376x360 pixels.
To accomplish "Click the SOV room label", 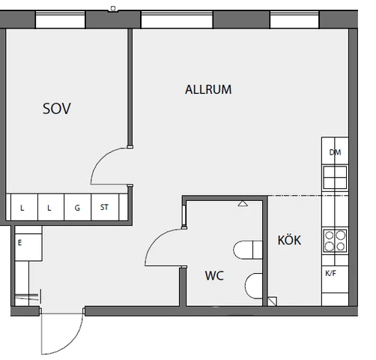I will coord(57,109).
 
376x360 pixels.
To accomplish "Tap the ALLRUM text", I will coord(208,90).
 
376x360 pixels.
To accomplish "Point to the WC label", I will coord(214,276).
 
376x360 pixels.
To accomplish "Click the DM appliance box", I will coord(335,152).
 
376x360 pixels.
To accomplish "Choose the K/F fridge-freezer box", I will coord(330,274).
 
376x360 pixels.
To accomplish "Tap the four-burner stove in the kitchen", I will coord(335,241).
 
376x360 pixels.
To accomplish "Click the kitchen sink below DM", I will coord(335,177).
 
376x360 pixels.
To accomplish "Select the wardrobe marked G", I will coord(76,208).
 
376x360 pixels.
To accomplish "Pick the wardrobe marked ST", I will coord(104,208).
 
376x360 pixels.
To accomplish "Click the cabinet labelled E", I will coord(26,243).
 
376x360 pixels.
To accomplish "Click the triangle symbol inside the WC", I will coord(242,202).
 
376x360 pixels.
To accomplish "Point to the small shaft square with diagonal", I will coord(272,301).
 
